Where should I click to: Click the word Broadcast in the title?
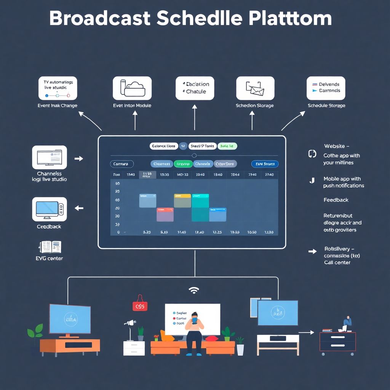[100, 19]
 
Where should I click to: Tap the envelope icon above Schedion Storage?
[255, 88]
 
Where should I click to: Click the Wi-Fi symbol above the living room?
[194, 291]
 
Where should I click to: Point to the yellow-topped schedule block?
[182, 201]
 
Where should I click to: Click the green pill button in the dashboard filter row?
[183, 164]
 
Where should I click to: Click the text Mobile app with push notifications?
[344, 182]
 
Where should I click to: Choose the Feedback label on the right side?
[336, 200]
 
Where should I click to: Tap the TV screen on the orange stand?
[70, 318]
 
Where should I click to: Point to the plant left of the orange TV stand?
[35, 331]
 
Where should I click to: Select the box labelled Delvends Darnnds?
[326, 88]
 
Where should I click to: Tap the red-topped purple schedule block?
[165, 214]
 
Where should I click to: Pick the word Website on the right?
[334, 146]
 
